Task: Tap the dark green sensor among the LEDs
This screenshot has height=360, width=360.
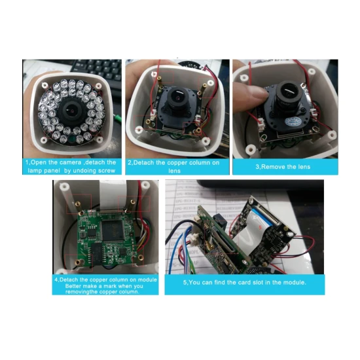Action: coord(72,139)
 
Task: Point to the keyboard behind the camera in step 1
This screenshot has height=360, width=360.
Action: coord(96,69)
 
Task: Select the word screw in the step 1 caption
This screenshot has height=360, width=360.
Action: coord(107,171)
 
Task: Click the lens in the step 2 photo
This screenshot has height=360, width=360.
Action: coord(177,98)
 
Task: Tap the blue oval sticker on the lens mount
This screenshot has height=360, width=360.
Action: coord(293,121)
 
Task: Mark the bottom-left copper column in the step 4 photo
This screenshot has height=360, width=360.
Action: coord(78,262)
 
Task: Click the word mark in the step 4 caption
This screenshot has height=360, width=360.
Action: coord(110,286)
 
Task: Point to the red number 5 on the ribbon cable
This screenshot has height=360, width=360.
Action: coord(260,227)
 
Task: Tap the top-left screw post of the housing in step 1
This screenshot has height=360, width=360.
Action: coord(45,85)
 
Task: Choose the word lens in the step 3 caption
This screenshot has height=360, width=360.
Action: coord(304,167)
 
